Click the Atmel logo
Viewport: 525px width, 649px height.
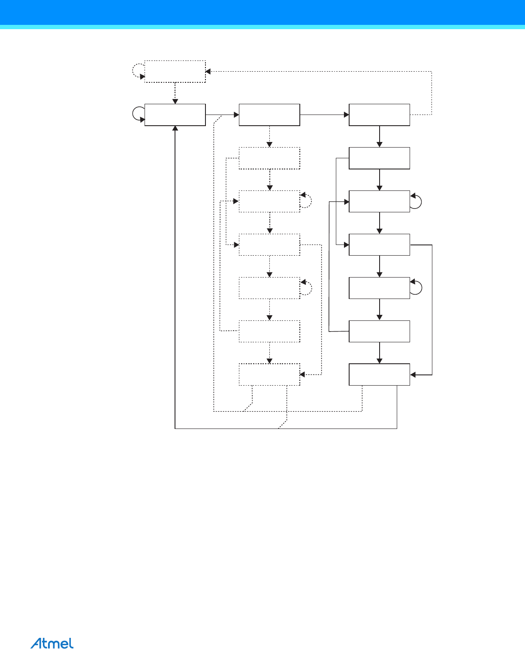52,643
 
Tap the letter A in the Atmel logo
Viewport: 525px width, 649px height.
36,643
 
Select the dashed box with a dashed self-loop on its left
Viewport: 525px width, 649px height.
175,71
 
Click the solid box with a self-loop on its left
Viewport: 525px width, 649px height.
175,115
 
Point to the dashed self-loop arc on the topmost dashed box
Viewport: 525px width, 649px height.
137,71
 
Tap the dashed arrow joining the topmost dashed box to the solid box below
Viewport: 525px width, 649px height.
175,93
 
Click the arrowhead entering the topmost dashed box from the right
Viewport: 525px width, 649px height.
208,71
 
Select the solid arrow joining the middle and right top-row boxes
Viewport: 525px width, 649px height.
324,115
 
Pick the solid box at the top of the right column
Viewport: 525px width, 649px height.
379,115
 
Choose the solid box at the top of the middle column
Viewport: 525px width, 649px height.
269,115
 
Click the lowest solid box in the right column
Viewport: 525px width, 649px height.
379,374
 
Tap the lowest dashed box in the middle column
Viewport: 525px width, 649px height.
269,374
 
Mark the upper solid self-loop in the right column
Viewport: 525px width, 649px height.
417,201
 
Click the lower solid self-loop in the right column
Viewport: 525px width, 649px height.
417,287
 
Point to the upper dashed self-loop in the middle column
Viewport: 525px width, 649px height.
307,201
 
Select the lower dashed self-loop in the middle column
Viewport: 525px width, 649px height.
307,287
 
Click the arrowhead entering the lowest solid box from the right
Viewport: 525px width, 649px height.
413,375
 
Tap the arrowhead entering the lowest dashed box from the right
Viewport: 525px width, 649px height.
302,374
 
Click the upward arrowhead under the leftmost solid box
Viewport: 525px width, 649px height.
175,128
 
